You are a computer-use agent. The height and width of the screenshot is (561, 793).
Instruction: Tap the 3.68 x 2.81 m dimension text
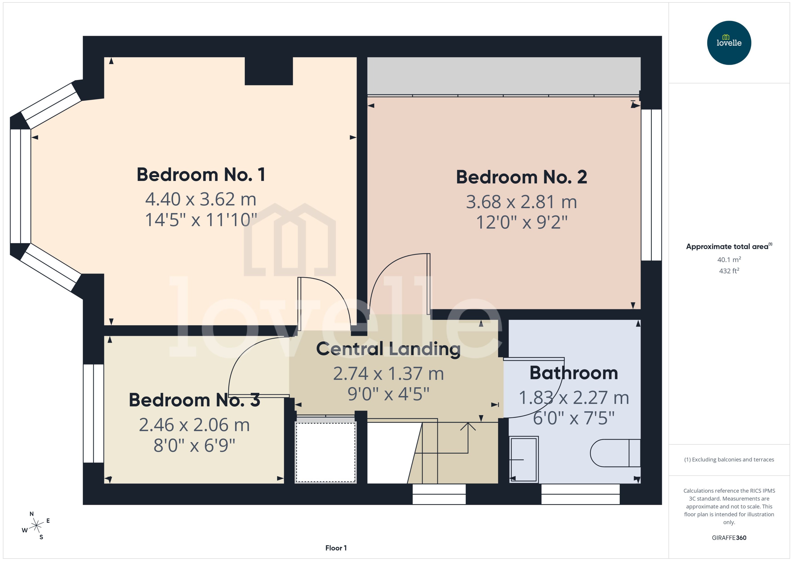(x=521, y=202)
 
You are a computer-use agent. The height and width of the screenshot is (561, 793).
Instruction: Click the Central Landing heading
(x=388, y=349)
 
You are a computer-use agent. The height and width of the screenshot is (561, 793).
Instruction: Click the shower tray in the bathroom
(x=523, y=460)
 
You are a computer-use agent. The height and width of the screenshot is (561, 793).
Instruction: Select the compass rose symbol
(x=36, y=526)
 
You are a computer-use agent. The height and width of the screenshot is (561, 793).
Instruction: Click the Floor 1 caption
(x=336, y=548)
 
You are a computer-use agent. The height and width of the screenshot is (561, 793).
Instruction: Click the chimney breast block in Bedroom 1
(x=268, y=71)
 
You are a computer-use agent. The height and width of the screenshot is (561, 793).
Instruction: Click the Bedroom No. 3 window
(x=93, y=414)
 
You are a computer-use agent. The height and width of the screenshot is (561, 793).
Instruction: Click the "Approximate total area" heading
(x=727, y=247)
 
